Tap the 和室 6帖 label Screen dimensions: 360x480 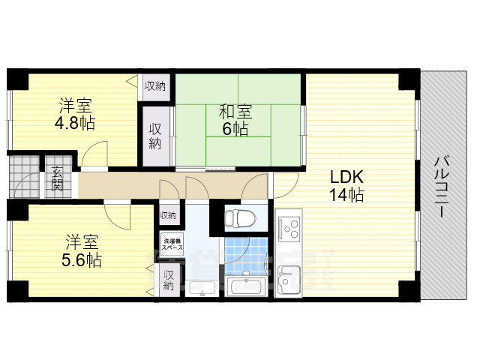(x=235, y=120)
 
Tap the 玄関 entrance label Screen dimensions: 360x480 (x=58, y=180)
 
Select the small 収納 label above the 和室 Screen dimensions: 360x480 (x=155, y=85)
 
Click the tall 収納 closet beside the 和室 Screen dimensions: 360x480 (x=154, y=135)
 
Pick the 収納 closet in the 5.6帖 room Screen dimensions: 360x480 (x=169, y=280)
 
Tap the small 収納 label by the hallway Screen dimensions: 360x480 (x=168, y=215)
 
